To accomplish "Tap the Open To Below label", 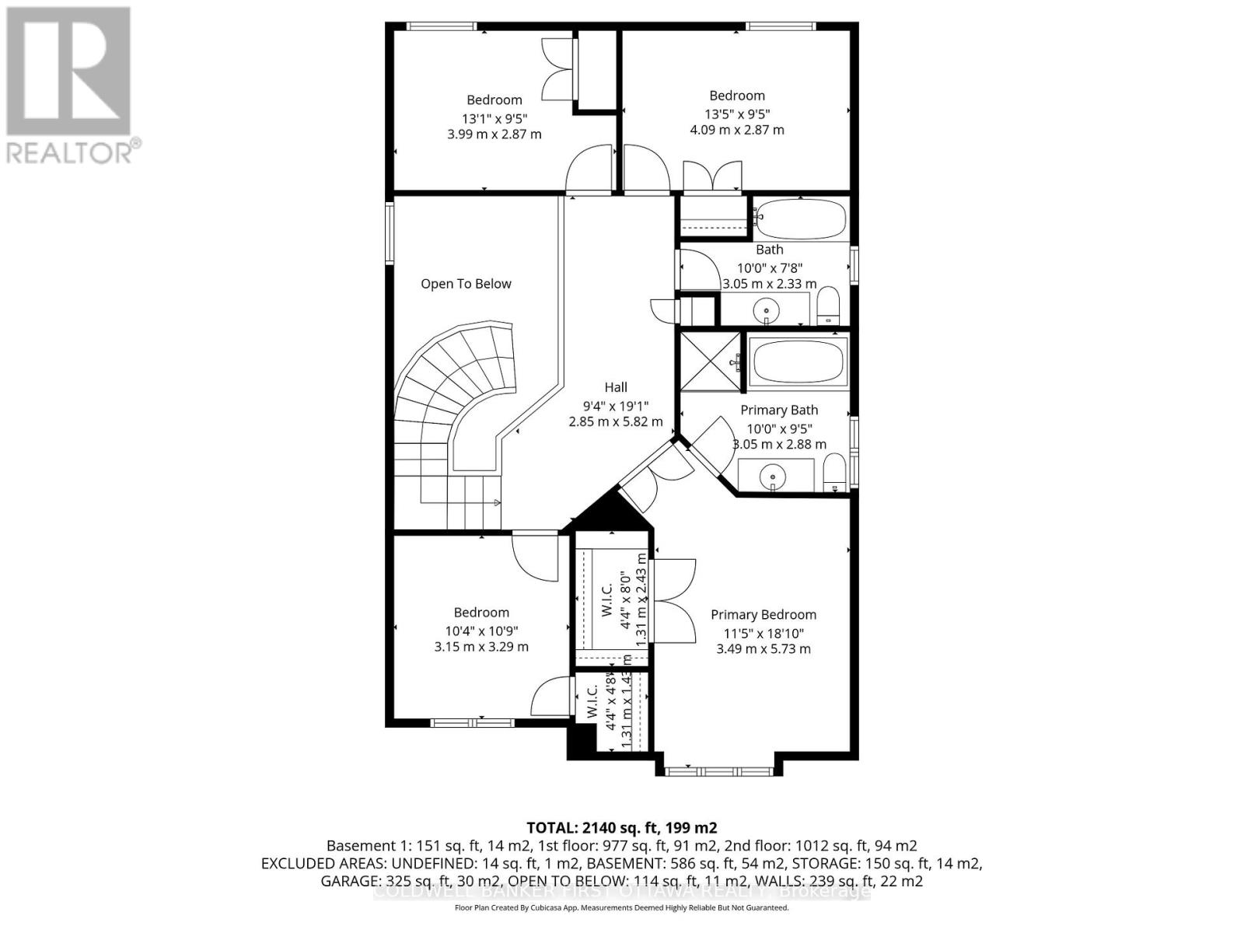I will click(466, 284).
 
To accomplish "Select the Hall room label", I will click(616, 387).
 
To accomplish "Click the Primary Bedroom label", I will click(764, 614).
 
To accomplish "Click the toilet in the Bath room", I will click(829, 306).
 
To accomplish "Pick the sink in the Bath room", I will click(767, 309).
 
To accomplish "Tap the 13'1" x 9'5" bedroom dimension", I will click(494, 118).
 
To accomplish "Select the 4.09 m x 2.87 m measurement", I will click(737, 130).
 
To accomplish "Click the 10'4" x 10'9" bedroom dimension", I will click(481, 631).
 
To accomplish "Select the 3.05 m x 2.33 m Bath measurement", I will click(770, 284).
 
